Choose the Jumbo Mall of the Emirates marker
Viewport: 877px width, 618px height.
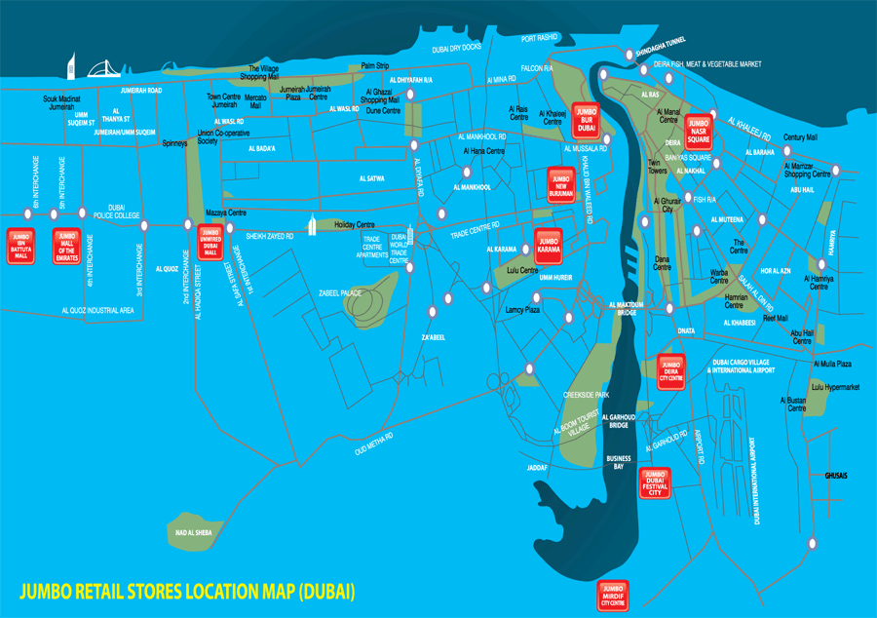67,246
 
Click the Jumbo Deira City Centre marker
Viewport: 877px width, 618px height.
671,370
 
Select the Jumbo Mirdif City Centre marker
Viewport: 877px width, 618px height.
612,596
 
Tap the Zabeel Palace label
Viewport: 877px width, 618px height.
340,292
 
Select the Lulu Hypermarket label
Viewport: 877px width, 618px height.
835,387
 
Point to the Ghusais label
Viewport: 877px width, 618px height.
836,476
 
